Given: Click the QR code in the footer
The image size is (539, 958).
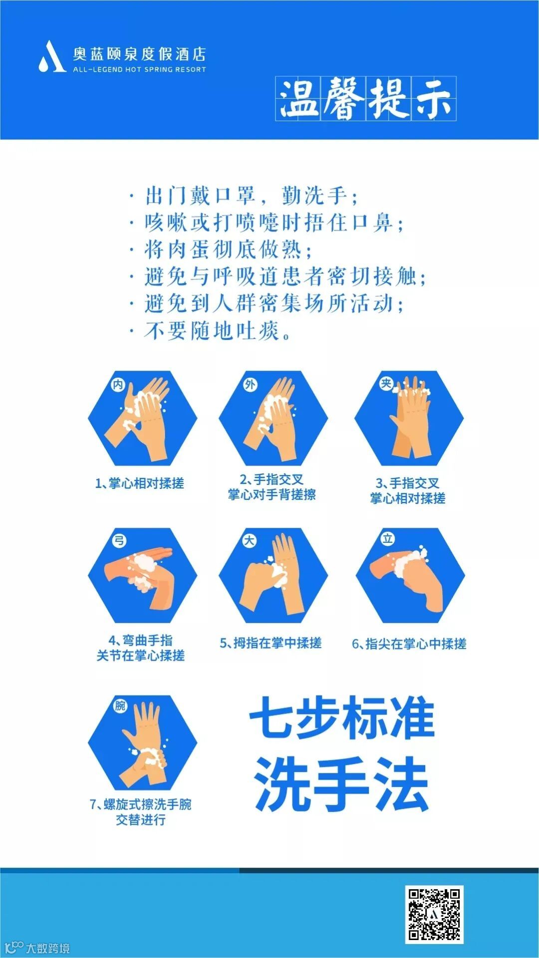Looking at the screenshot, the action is (434, 915).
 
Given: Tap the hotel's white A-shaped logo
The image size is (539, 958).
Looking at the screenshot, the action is (52, 56).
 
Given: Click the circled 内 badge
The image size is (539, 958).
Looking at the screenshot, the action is (118, 384).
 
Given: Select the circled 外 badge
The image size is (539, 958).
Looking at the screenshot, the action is (250, 384).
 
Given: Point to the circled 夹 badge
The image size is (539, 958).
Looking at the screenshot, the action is (386, 383).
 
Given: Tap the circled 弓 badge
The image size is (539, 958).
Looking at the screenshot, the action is (119, 540).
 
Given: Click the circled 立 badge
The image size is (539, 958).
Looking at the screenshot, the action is (388, 538).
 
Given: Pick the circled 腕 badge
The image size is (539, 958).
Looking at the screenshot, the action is (120, 706).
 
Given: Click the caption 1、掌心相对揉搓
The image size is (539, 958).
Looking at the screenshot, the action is (140, 483).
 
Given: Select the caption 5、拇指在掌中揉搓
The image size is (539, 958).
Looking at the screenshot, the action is (271, 643).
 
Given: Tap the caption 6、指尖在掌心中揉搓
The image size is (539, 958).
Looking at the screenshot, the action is (409, 644).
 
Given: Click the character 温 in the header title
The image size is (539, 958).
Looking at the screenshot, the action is (298, 98).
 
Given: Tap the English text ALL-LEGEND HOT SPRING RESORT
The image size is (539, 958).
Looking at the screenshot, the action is (140, 69).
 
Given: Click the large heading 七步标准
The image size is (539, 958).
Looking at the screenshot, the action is (342, 718).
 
